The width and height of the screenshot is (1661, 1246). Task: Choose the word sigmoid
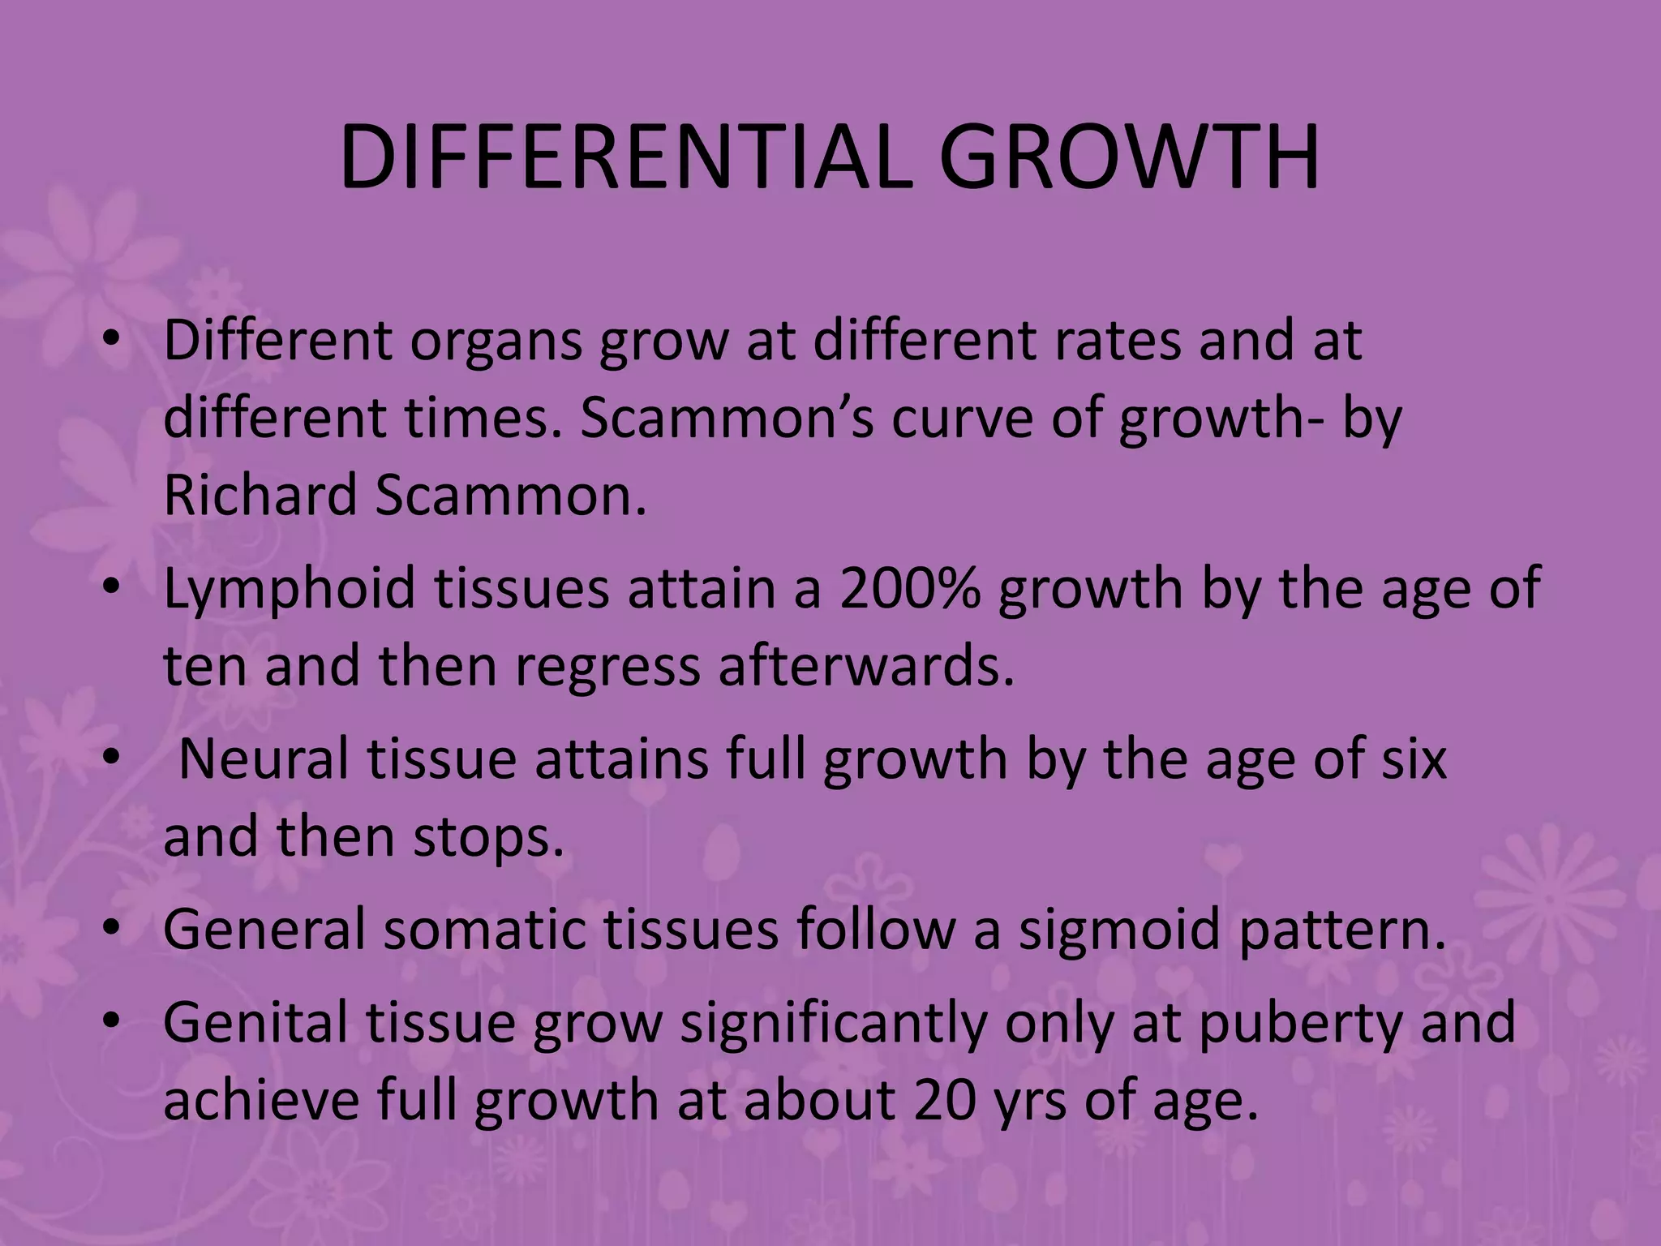[x=1119, y=930]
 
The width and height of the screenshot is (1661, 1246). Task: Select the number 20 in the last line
[x=944, y=1100]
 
